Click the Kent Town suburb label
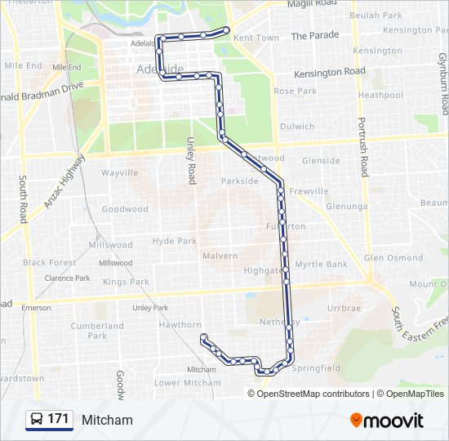(x=256, y=38)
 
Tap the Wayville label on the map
(x=120, y=173)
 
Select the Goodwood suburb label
(x=125, y=209)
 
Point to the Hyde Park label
(x=175, y=241)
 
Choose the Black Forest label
(x=50, y=263)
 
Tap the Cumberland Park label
(x=97, y=331)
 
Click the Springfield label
(x=316, y=368)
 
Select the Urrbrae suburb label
(x=344, y=309)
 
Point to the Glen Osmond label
(x=393, y=258)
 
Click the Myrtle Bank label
(x=322, y=265)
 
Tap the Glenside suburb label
(x=321, y=161)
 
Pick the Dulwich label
(x=297, y=127)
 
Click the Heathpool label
(x=380, y=96)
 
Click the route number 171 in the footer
(x=58, y=419)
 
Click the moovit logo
(x=387, y=421)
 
